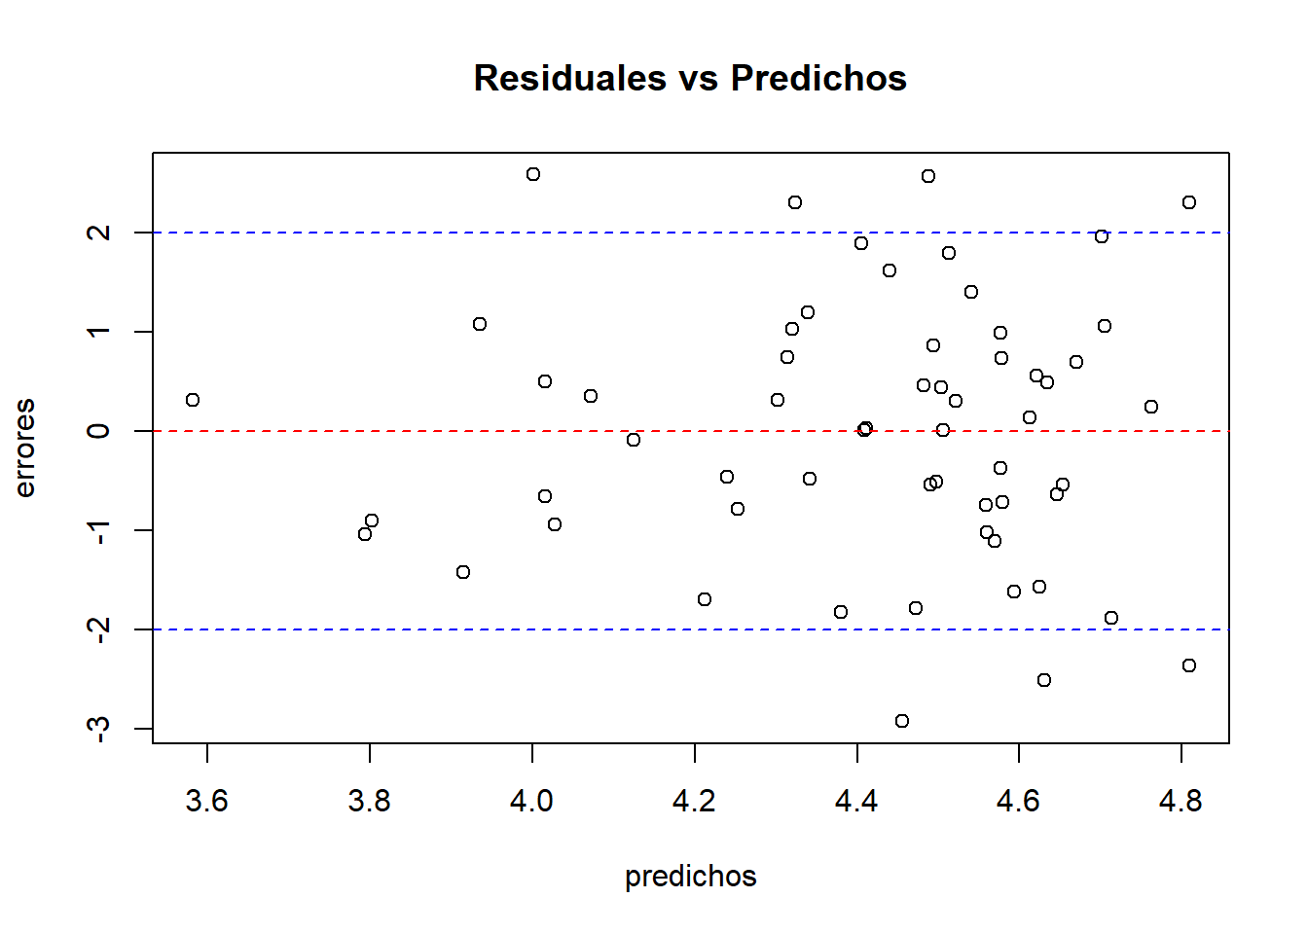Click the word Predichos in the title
(x=818, y=78)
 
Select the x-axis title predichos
(x=690, y=877)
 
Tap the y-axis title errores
(x=25, y=448)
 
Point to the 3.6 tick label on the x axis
(x=206, y=802)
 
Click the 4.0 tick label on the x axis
(x=531, y=802)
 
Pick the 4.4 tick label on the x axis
(x=856, y=802)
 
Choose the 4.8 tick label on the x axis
(x=1181, y=802)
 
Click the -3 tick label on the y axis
(x=98, y=729)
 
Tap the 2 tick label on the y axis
(x=98, y=233)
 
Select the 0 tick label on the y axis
(x=98, y=431)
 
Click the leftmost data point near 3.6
(x=193, y=400)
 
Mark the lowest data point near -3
(x=902, y=721)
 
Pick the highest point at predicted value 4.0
(x=533, y=174)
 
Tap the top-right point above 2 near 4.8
(x=1189, y=202)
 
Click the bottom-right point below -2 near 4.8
(x=1189, y=665)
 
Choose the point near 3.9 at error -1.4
(x=463, y=572)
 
